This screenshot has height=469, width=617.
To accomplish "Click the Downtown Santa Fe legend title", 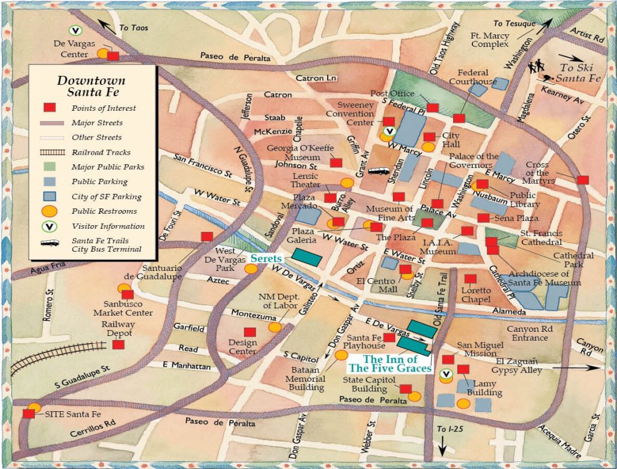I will (x=92, y=86).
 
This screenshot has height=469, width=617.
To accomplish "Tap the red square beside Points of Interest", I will (x=49, y=108).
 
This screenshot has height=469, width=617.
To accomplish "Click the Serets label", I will (x=266, y=258).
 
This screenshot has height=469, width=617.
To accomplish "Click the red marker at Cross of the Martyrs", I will (x=582, y=179).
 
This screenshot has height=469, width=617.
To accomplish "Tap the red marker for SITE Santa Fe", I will (x=28, y=414).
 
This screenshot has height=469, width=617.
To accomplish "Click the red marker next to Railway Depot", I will (x=118, y=345).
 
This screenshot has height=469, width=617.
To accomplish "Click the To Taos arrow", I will (x=108, y=26).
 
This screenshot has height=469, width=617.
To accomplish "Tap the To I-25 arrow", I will (x=442, y=447).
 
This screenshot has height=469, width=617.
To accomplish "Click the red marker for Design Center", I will (x=249, y=332).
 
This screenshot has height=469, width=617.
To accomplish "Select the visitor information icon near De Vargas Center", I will (x=75, y=30).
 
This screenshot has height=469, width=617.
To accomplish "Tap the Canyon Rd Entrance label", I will (x=527, y=334).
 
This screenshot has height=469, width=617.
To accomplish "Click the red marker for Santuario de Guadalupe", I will (x=207, y=237).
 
